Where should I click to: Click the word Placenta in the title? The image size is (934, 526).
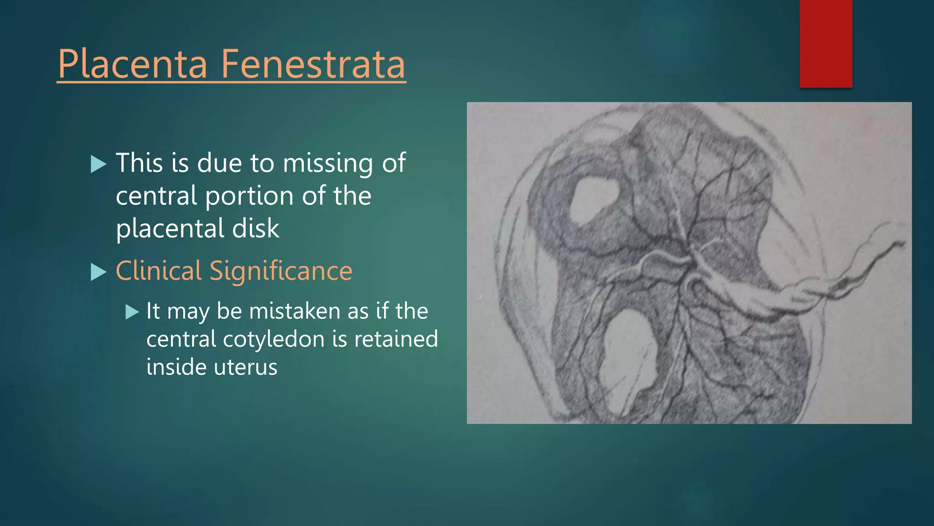coord(132,65)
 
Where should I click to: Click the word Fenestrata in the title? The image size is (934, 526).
coord(313,65)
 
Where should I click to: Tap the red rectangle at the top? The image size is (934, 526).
coord(825,43)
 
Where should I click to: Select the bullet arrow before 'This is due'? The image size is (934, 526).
coord(98,164)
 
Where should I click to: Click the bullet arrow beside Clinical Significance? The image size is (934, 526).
coord(98,272)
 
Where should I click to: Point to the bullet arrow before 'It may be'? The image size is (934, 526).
coord(132,312)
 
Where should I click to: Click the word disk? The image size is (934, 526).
coord(256,228)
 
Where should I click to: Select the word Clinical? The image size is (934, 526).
coord(158,271)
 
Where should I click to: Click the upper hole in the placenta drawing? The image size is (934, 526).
coord(593,199)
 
